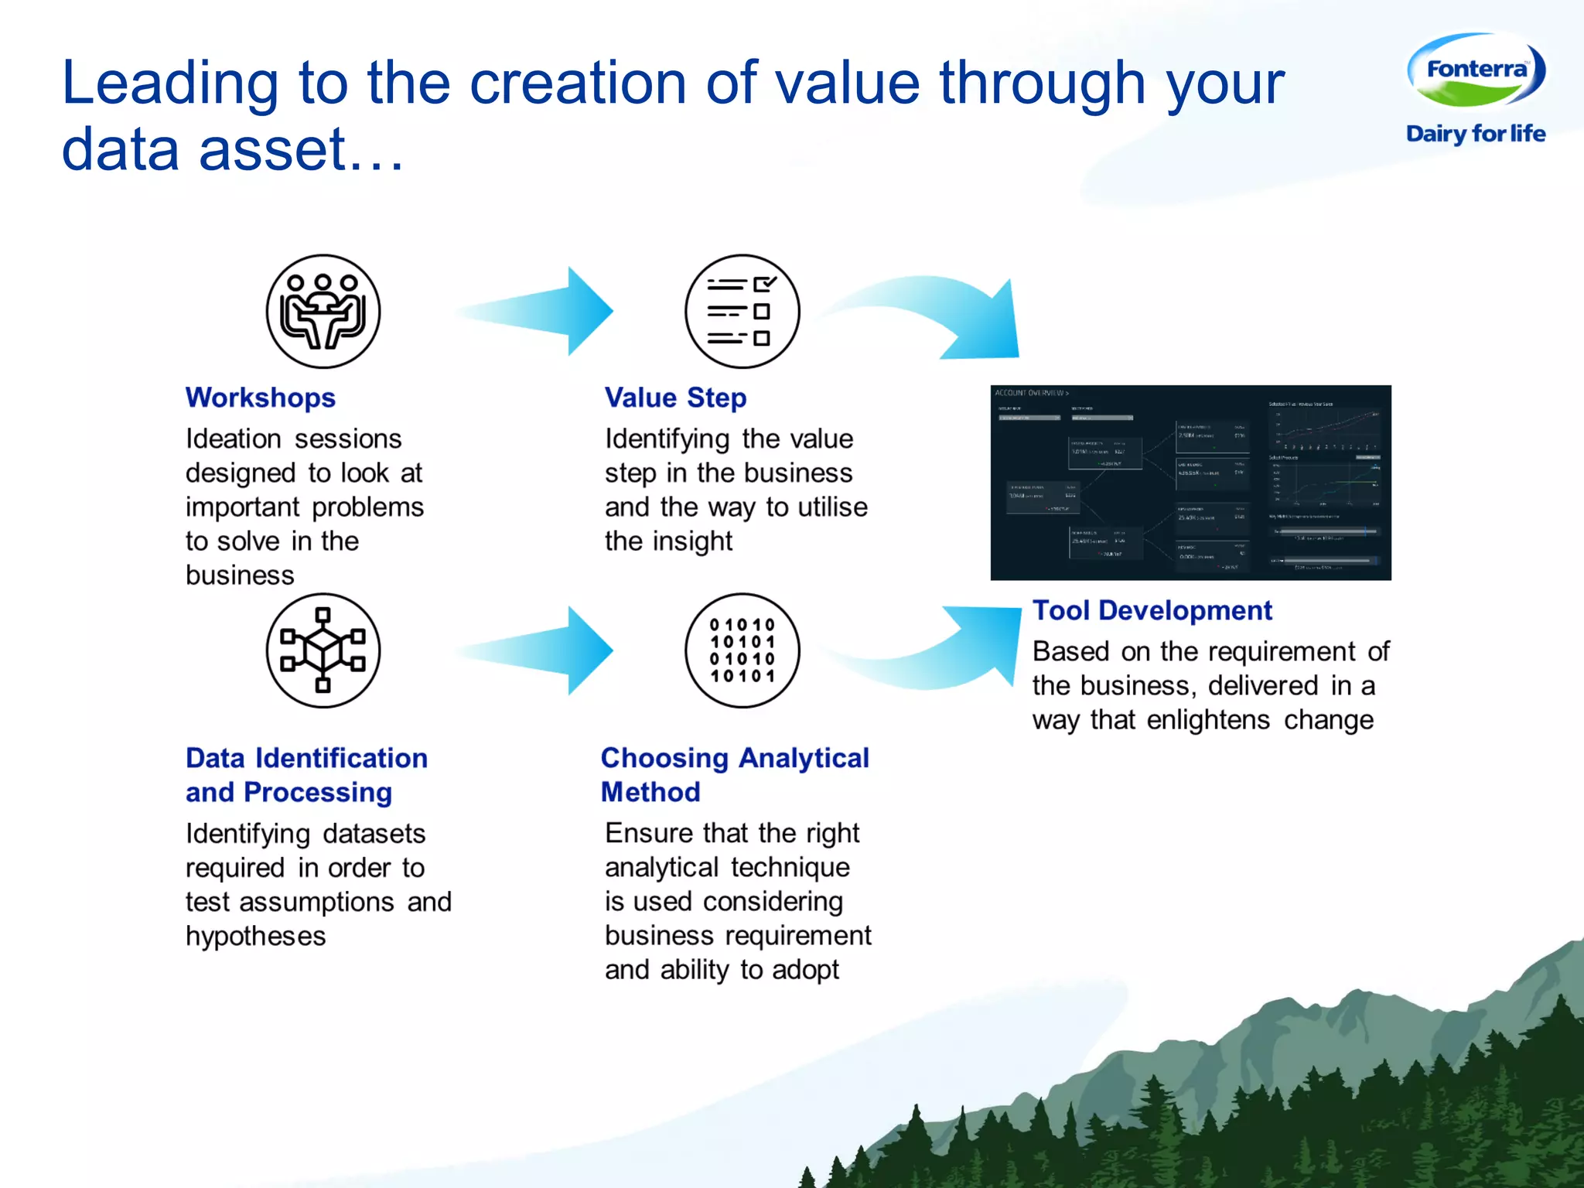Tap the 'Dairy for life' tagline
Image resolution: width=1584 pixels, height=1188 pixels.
1476,134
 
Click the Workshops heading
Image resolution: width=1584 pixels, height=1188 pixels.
261,398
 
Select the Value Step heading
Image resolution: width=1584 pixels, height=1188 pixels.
675,398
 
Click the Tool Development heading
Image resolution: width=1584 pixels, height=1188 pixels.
1152,610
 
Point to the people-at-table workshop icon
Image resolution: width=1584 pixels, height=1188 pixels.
323,311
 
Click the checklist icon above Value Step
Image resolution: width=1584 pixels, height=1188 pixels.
742,311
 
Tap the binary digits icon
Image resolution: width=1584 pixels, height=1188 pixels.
742,650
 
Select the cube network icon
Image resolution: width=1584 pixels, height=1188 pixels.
323,650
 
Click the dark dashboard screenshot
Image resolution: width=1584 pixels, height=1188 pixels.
1190,483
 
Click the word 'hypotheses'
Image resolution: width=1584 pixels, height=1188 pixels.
255,937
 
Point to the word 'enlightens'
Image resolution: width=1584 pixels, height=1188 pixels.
1208,720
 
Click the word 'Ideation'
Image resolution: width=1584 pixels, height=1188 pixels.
234,439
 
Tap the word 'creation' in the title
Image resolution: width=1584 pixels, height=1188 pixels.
578,83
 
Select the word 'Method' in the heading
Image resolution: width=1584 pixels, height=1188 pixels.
650,792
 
